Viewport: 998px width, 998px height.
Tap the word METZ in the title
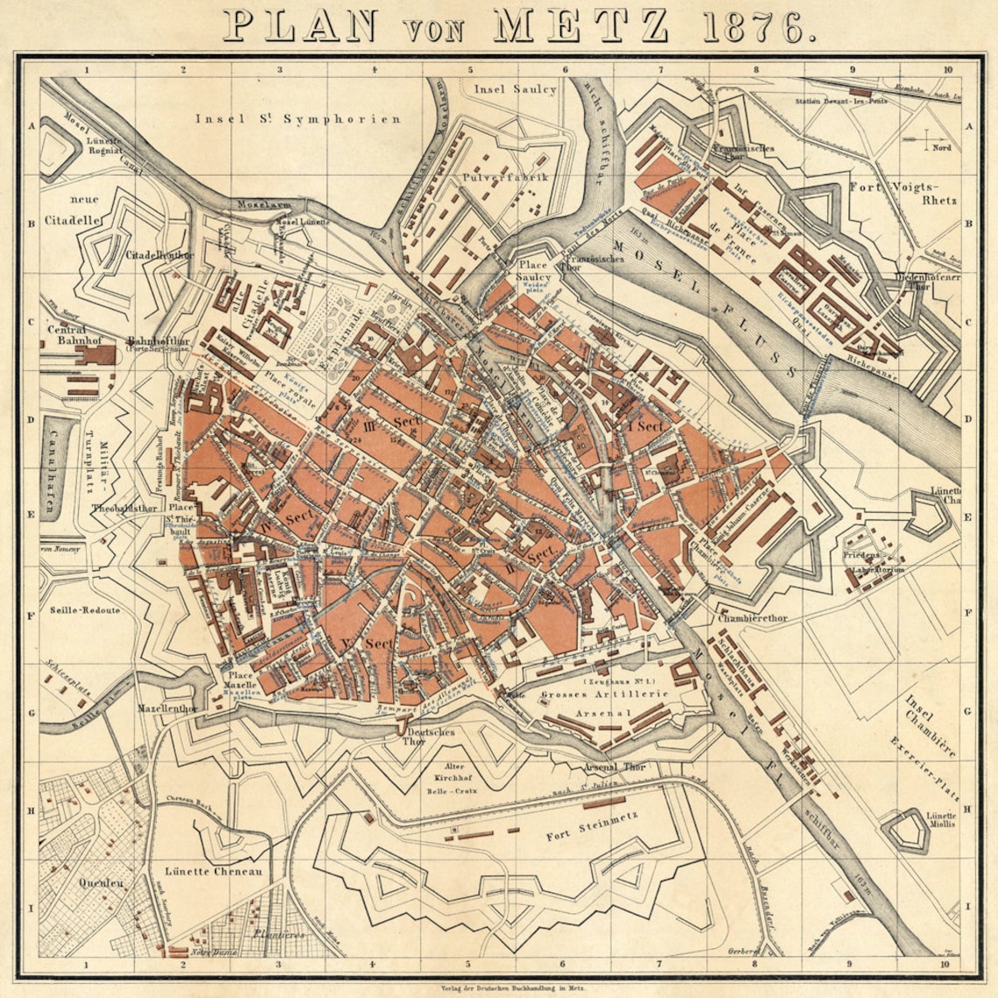pos(580,26)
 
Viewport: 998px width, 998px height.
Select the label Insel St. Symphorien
pos(298,119)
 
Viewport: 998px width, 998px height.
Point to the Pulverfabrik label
pos(493,177)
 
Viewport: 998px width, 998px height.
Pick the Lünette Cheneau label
pos(214,872)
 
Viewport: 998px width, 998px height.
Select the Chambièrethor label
pos(752,618)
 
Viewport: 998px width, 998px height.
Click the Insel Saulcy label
pos(515,89)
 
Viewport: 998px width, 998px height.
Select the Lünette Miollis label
pos(941,819)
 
